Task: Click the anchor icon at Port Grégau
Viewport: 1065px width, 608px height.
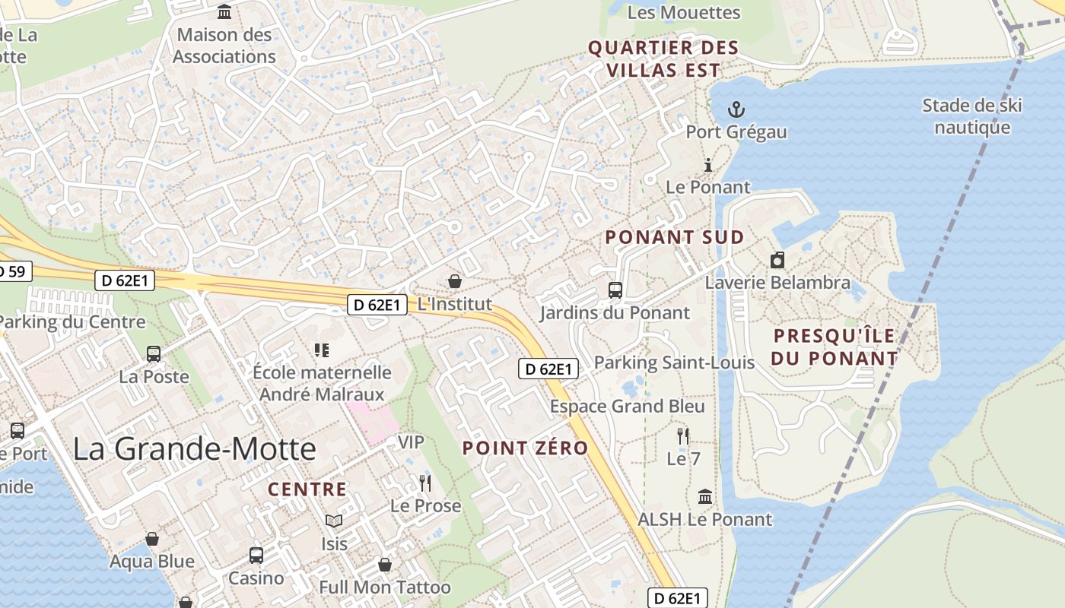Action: tap(736, 109)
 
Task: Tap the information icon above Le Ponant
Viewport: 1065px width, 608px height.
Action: tap(708, 165)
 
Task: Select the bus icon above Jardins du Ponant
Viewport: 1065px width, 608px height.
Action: tap(615, 290)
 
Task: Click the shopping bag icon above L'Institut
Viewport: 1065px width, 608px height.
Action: tap(455, 281)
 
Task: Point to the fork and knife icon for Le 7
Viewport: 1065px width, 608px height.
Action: tap(683, 436)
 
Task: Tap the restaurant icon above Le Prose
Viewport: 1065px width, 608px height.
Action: tap(425, 483)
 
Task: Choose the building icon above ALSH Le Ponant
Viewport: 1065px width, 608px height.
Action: tap(705, 496)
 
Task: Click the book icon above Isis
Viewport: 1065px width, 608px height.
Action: tap(334, 521)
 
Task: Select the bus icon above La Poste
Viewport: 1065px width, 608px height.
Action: tap(154, 353)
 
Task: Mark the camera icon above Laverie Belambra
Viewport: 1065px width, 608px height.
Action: tap(777, 261)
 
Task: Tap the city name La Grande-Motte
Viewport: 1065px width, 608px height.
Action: tap(194, 448)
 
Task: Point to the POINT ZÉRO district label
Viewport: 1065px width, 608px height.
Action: tap(525, 448)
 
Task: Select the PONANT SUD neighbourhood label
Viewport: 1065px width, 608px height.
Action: tap(675, 237)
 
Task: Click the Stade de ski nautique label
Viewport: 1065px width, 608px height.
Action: tap(972, 116)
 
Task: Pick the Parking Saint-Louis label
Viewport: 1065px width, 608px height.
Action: tap(674, 363)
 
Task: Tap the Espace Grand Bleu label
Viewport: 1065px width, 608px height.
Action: tap(628, 407)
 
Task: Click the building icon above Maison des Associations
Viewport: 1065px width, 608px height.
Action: tap(224, 12)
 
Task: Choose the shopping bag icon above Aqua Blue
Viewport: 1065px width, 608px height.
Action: tap(152, 539)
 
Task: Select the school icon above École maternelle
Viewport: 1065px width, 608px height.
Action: tap(322, 350)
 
